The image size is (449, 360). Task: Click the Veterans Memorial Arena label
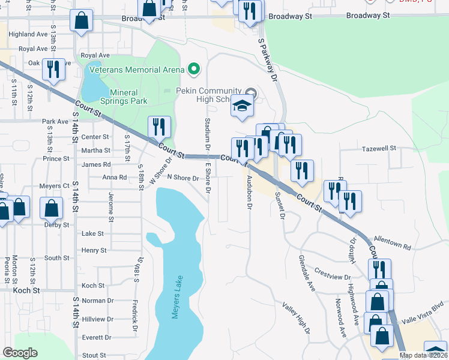[136, 70]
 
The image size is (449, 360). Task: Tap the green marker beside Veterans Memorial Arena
[193, 70]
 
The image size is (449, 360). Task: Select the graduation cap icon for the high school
[242, 106]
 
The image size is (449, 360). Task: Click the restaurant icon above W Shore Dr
[159, 127]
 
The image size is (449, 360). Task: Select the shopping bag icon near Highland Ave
[81, 20]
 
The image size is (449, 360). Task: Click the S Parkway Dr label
[268, 62]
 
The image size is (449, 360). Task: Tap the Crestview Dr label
[331, 272]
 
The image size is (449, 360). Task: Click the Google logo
[20, 353]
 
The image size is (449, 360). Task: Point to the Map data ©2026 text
[423, 355]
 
